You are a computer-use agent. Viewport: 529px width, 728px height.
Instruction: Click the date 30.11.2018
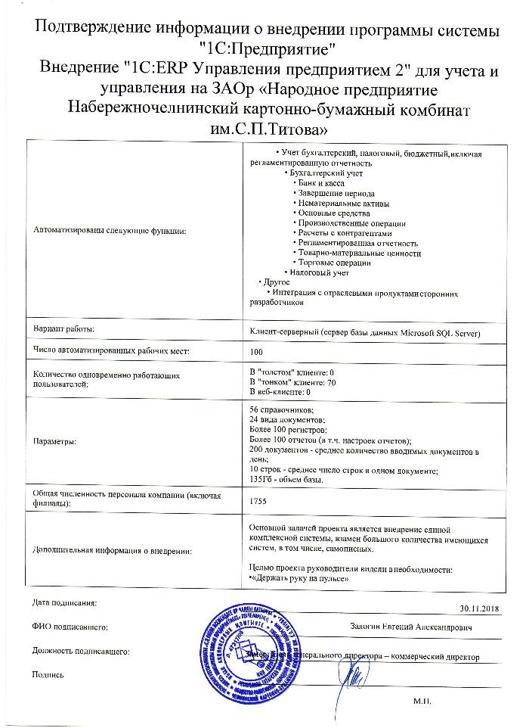click(x=480, y=607)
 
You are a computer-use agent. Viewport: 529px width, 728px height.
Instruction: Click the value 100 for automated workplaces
click(x=256, y=352)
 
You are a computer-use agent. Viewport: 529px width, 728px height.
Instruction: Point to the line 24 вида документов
click(x=284, y=419)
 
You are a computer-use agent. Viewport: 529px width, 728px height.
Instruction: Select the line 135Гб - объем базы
click(x=286, y=479)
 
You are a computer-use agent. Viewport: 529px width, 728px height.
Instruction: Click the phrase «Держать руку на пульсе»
click(x=299, y=578)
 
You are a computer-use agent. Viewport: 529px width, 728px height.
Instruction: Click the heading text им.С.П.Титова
click(x=264, y=128)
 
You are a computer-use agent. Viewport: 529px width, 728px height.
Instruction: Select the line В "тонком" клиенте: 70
click(x=292, y=382)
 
